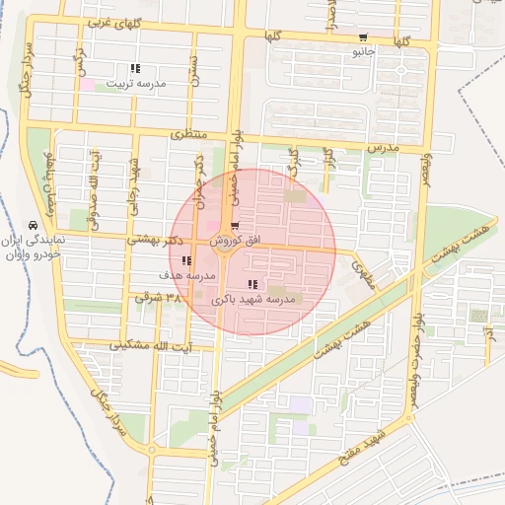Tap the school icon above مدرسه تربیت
[x=135, y=69]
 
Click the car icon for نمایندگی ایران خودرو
[x=34, y=226]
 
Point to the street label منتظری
[x=190, y=132]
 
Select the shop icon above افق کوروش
[x=234, y=228]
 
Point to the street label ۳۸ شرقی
[x=160, y=295]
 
